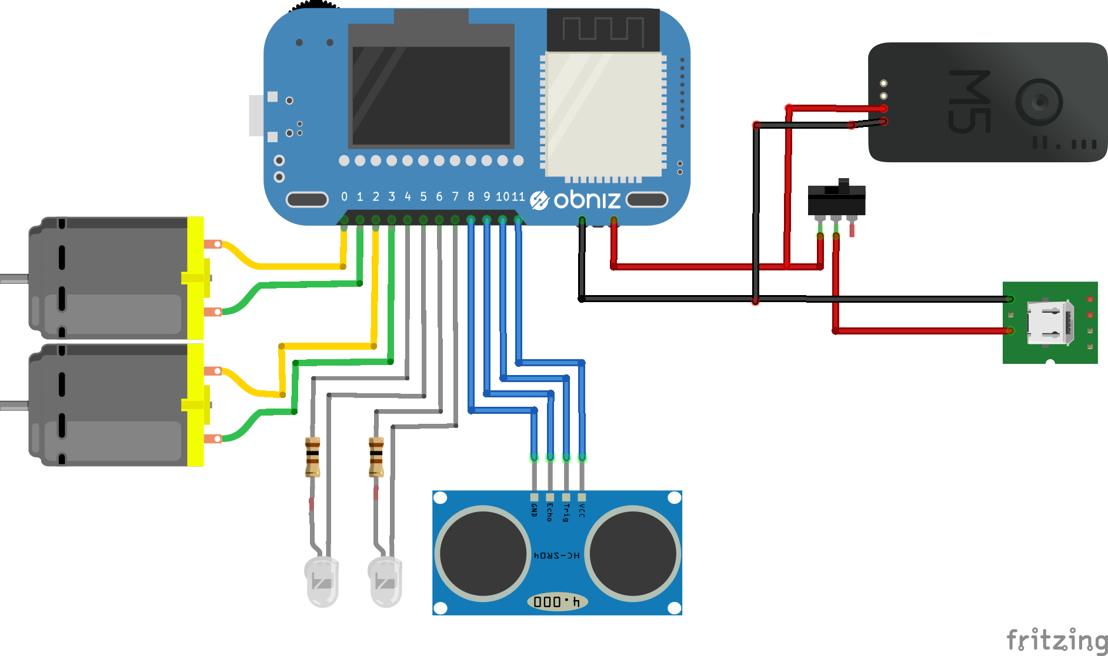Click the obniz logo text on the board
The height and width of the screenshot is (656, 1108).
click(x=586, y=200)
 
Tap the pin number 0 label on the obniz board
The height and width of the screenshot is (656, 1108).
click(x=344, y=197)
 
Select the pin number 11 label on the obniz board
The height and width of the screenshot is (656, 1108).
click(x=518, y=197)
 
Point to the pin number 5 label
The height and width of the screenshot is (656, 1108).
click(x=423, y=197)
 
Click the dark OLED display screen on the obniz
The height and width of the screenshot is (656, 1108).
click(x=431, y=95)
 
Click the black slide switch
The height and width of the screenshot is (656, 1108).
click(x=836, y=200)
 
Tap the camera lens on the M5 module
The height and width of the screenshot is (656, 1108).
click(x=1039, y=102)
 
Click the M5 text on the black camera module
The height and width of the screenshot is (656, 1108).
click(x=969, y=101)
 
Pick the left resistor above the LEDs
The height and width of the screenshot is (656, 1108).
click(x=312, y=457)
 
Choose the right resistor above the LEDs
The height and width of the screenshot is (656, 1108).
click(x=376, y=457)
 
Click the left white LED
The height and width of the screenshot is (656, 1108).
click(x=322, y=581)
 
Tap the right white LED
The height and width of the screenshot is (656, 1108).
click(x=385, y=581)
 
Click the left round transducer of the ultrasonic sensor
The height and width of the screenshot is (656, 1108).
click(x=483, y=553)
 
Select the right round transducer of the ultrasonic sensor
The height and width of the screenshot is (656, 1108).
click(x=633, y=553)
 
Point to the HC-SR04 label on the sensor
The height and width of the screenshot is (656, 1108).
click(x=556, y=555)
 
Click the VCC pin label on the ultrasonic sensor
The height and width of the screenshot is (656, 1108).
click(x=582, y=510)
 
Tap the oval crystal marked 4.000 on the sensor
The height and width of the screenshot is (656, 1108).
click(x=556, y=601)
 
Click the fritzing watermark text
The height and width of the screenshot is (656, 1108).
click(x=1056, y=640)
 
